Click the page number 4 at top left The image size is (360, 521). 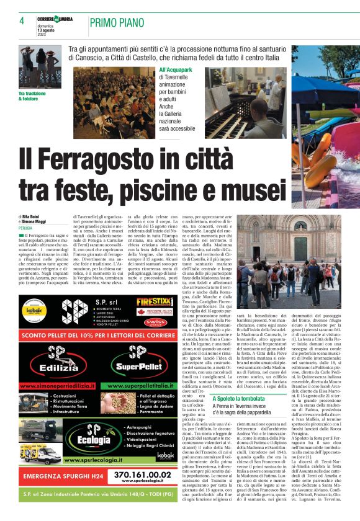pos(22,21)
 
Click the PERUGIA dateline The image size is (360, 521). pos(25,228)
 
